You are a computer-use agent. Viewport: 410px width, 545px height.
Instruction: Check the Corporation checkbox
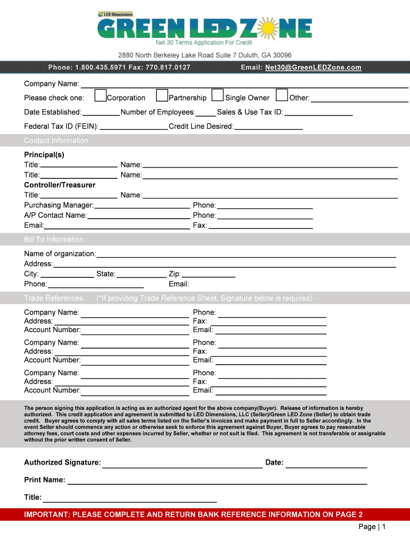click(100, 96)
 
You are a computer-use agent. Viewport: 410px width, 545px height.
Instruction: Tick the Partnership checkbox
click(162, 96)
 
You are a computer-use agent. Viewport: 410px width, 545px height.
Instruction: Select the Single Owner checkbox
click(217, 96)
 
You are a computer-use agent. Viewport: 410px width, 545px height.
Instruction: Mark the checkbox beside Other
click(282, 96)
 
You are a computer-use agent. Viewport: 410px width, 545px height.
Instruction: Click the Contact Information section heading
click(56, 141)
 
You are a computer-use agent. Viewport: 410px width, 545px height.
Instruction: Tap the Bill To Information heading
click(54, 240)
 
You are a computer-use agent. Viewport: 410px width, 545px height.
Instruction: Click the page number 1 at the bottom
click(383, 527)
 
